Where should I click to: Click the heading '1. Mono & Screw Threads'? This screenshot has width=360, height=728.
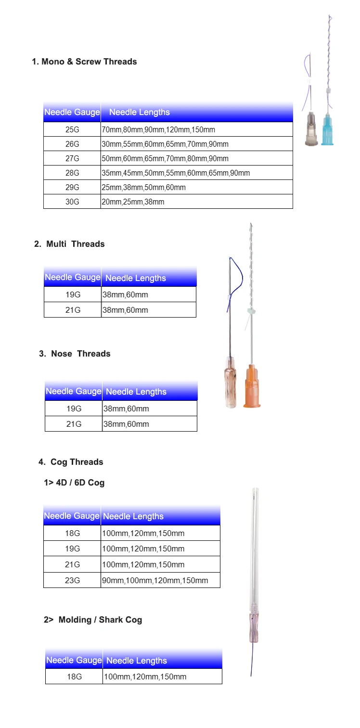84,62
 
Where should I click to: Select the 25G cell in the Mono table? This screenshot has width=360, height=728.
72,129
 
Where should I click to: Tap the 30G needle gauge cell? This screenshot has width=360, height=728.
72,202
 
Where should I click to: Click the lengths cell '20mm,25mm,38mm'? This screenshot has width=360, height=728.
133,202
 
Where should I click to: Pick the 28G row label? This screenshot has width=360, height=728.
72,173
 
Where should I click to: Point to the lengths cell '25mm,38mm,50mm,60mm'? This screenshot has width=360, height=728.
143,187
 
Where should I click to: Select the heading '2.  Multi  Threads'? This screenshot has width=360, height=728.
69,244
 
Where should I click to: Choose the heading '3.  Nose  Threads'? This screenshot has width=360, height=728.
75,354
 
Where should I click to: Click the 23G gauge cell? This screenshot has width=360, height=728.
72,580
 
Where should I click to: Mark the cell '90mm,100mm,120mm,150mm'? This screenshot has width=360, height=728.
155,580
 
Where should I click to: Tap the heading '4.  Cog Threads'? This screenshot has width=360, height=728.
71,462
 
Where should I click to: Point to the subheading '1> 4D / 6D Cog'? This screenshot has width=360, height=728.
74,483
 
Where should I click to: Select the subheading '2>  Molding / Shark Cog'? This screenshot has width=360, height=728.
93,620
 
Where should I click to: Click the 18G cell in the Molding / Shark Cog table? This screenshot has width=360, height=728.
74,677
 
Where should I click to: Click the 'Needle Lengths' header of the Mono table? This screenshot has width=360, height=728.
140,113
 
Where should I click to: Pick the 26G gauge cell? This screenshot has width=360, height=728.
72,144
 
